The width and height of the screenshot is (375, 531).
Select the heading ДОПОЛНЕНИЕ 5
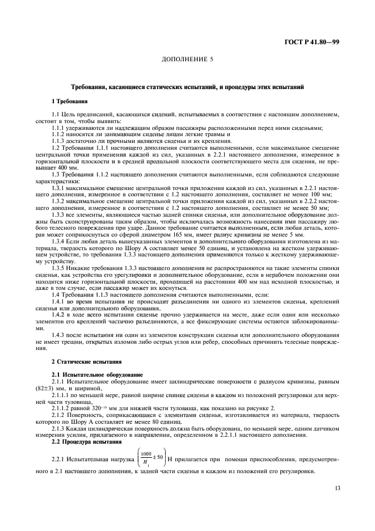[187, 59]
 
